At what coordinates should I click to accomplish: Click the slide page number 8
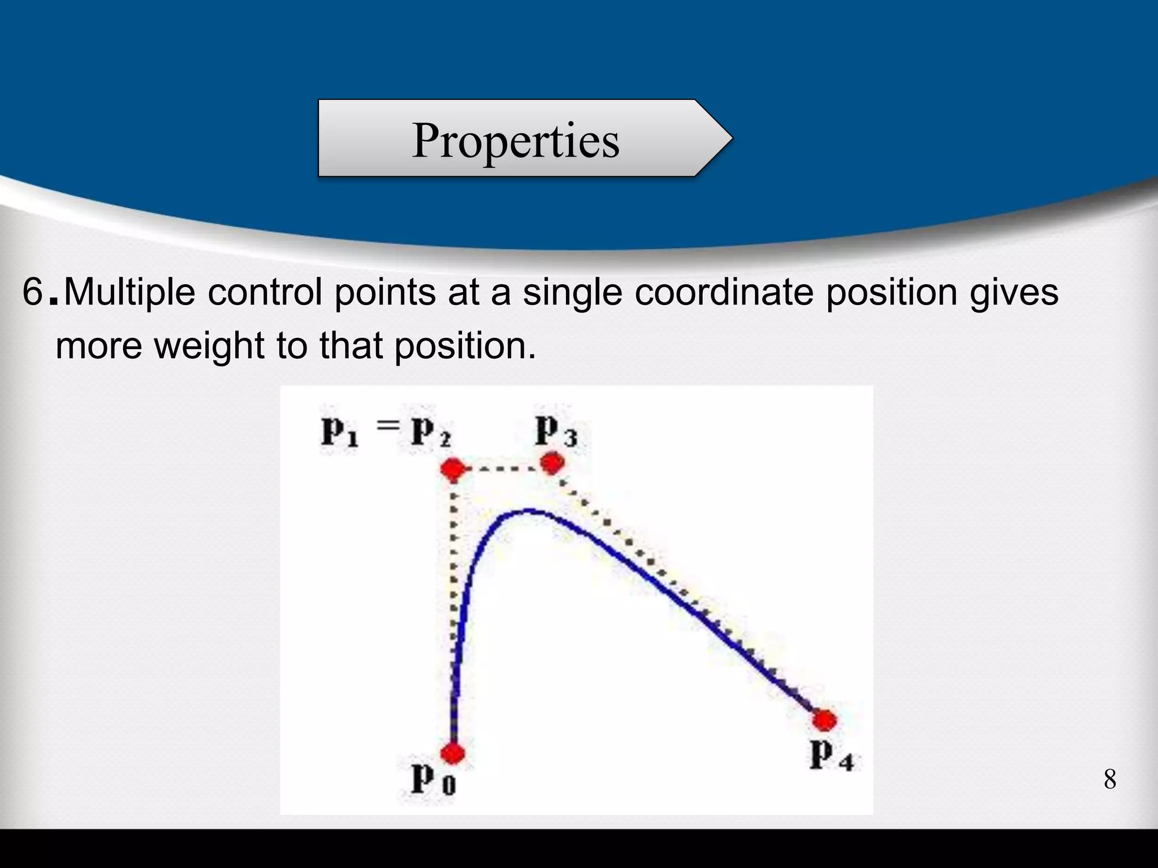point(1109,780)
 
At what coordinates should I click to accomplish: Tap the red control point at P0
point(452,753)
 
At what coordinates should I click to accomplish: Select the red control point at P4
point(825,721)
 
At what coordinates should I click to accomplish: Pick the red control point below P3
point(552,463)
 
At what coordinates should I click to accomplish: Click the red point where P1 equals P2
point(452,469)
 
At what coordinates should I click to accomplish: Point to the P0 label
point(433,780)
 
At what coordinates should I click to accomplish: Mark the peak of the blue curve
point(529,511)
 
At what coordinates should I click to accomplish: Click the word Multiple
point(129,293)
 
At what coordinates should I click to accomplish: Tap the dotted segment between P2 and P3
point(502,468)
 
